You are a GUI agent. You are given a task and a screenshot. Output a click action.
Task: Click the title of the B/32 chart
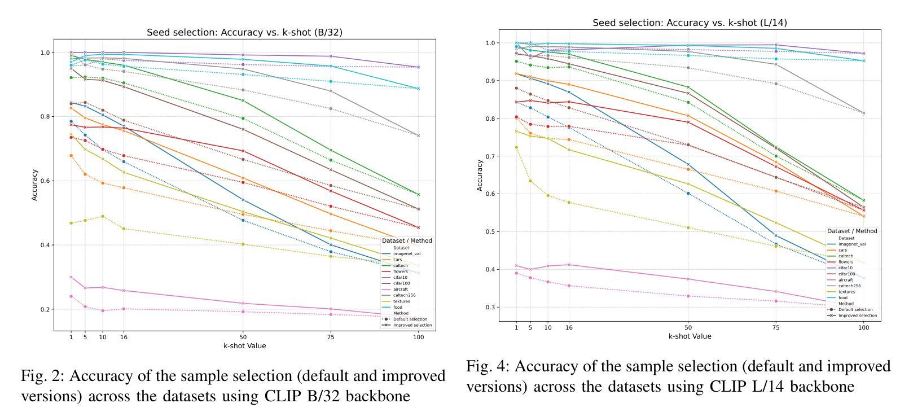pyautogui.click(x=244, y=33)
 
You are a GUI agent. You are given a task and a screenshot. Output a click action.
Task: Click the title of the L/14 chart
pyautogui.click(x=690, y=23)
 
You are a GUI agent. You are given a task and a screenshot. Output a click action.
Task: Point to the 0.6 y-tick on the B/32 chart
pyautogui.click(x=46, y=181)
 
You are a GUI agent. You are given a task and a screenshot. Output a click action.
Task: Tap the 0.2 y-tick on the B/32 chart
pyautogui.click(x=46, y=310)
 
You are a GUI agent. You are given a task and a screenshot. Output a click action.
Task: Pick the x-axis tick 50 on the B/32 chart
pyautogui.click(x=243, y=338)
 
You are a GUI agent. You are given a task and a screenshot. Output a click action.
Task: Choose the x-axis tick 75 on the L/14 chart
pyautogui.click(x=776, y=328)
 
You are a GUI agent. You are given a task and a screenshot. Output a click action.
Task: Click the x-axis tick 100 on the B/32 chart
pyautogui.click(x=418, y=338)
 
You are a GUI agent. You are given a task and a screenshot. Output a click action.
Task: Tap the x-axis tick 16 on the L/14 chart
pyautogui.click(x=569, y=328)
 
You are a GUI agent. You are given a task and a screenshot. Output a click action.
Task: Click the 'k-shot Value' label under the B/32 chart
pyautogui.click(x=244, y=346)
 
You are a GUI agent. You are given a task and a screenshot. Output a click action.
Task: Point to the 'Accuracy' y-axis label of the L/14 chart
pyautogui.click(x=480, y=176)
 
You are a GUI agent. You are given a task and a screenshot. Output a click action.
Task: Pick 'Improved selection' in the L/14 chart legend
pyautogui.click(x=858, y=315)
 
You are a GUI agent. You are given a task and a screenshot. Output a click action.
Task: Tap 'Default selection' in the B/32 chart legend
pyautogui.click(x=410, y=319)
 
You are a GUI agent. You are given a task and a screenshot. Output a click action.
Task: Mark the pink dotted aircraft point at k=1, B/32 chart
pyautogui.click(x=71, y=296)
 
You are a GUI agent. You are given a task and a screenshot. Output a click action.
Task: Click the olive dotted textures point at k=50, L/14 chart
pyautogui.click(x=688, y=228)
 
